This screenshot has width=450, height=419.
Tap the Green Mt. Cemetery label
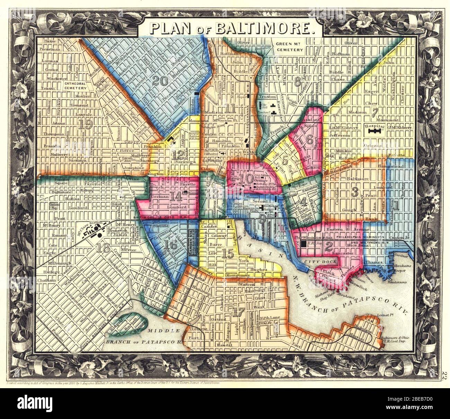point(289,47)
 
